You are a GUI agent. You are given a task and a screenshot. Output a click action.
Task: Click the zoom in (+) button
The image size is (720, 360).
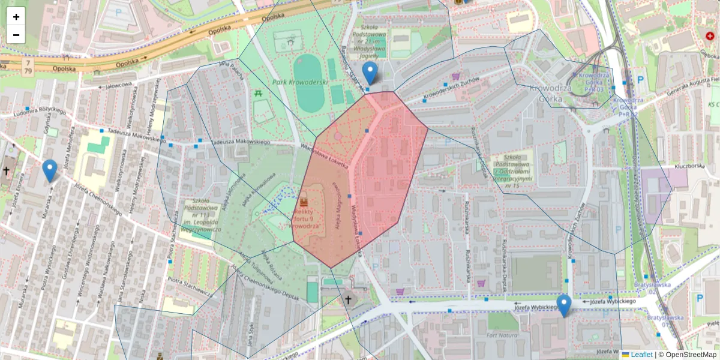click(x=16, y=17)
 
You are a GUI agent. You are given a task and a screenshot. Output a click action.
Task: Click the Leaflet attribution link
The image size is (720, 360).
click(x=641, y=355)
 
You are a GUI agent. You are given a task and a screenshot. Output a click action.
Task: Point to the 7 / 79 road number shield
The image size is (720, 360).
click(x=27, y=67)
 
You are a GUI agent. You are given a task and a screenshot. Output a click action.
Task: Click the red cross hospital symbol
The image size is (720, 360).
click(x=710, y=36)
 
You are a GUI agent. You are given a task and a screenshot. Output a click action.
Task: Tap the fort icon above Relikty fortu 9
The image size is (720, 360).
click(x=304, y=200)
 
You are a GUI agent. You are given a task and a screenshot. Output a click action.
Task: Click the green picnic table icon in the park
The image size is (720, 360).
click(x=259, y=94)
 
